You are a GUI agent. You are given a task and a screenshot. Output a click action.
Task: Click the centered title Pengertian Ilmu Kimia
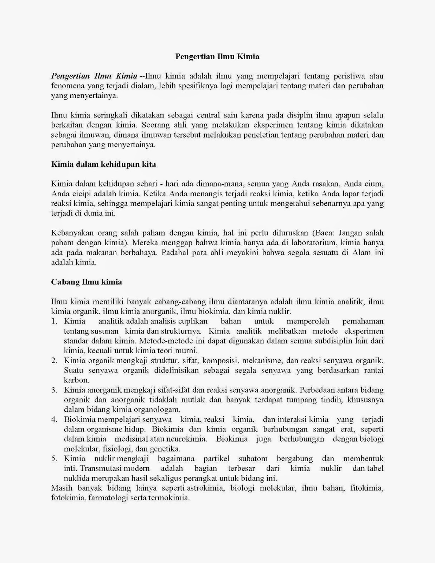pos(217,56)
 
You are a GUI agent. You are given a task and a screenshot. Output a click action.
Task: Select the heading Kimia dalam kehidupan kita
pos(103,164)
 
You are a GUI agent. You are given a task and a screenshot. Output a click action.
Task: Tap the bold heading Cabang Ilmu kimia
pos(87,282)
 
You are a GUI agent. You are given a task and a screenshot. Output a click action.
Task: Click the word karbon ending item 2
pos(76,380)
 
